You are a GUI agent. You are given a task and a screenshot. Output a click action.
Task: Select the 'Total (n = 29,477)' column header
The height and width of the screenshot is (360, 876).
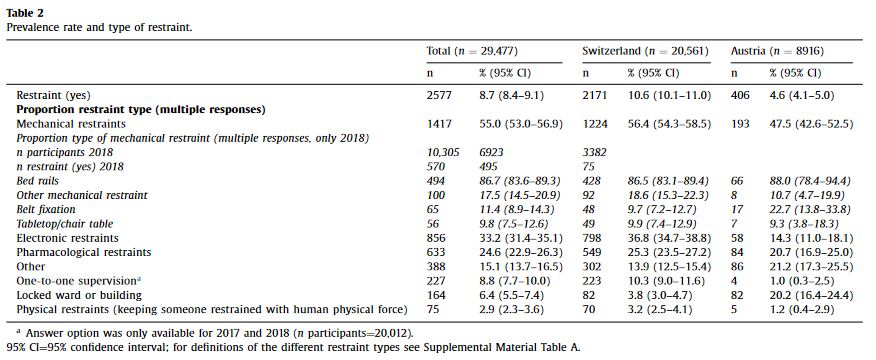[x=472, y=50]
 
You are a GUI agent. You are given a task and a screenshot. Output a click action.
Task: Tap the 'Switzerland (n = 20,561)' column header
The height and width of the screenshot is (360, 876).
[x=633, y=50]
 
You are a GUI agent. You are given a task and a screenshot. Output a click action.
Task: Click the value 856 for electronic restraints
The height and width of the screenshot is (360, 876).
[x=437, y=239]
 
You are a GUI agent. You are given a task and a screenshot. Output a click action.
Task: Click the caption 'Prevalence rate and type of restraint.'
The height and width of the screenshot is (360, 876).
[x=99, y=27]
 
